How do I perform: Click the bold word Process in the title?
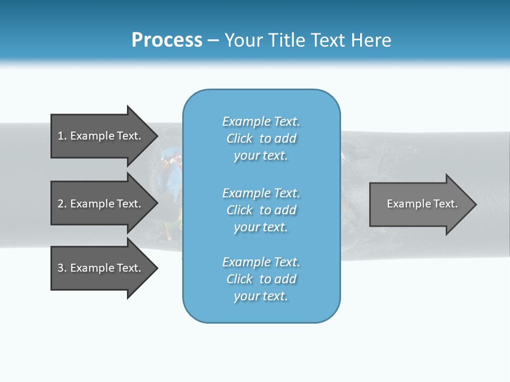(x=167, y=40)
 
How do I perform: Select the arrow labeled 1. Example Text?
(x=99, y=136)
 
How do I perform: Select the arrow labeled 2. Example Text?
(x=99, y=204)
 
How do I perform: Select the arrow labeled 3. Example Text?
(x=99, y=268)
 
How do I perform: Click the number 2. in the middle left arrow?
(x=62, y=204)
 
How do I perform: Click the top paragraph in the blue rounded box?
(x=261, y=138)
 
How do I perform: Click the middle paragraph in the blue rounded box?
(x=261, y=210)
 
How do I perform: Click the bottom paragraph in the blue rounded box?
(x=261, y=279)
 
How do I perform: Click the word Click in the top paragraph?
(x=240, y=138)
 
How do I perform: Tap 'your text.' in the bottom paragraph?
(x=261, y=296)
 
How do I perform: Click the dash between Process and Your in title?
(x=213, y=40)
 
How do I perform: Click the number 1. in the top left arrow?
(x=62, y=136)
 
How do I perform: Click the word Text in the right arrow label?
(x=446, y=204)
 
